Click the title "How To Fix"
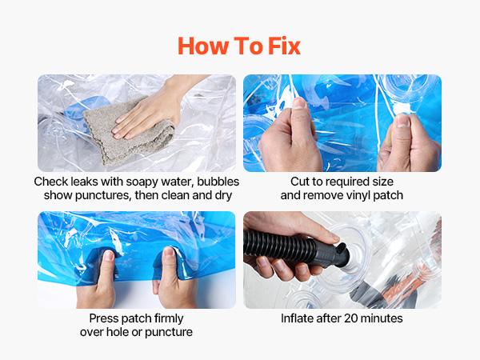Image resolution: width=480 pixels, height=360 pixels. [x=239, y=46]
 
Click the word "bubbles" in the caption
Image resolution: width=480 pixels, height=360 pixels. [x=211, y=182]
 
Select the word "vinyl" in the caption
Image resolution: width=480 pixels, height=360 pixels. [x=362, y=196]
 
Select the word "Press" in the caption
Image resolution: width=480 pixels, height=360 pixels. [x=96, y=318]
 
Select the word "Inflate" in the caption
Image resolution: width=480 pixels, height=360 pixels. [x=299, y=318]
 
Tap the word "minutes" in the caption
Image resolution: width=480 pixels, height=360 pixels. [x=383, y=318]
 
